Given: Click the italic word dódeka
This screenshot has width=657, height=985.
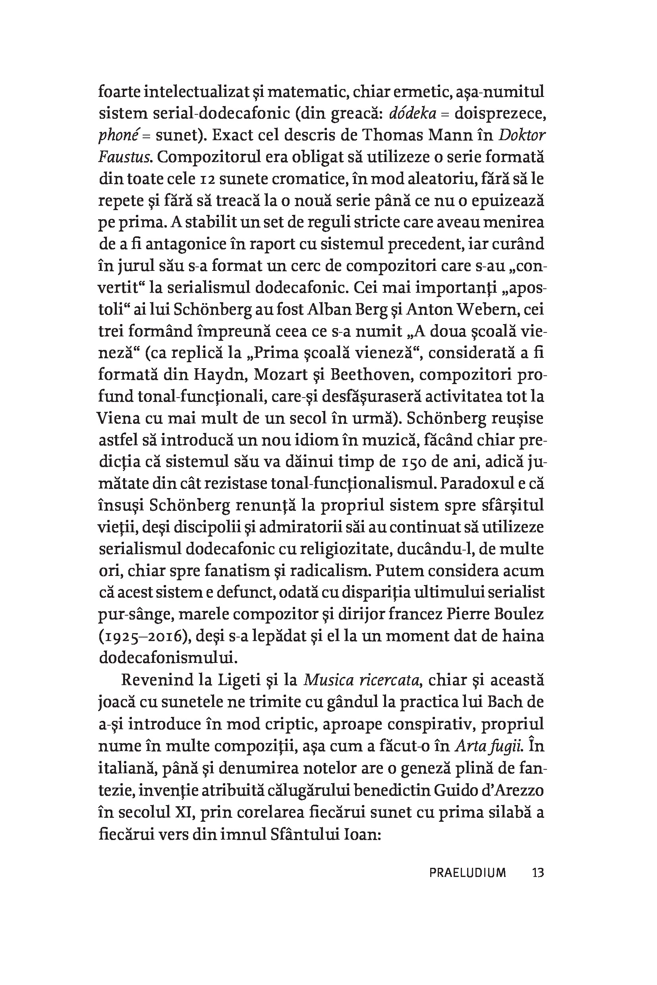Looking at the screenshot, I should click(x=410, y=114).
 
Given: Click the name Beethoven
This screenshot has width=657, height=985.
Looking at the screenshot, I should click(x=372, y=375).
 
